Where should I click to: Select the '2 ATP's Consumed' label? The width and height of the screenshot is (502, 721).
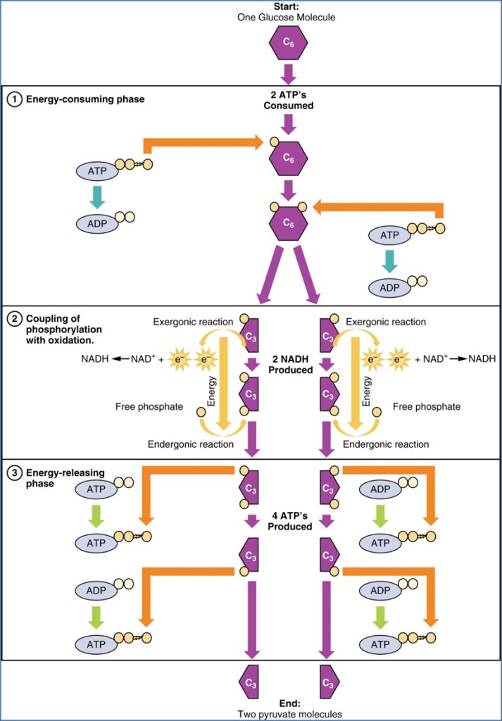tap(288, 101)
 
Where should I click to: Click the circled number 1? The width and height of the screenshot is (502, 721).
tap(14, 99)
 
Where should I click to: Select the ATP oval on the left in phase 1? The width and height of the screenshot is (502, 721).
tap(98, 171)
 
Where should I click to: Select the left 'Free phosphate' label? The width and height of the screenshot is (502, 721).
tap(149, 406)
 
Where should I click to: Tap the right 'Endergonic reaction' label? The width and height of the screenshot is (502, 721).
tap(386, 444)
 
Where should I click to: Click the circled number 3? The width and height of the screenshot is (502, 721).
tap(14, 470)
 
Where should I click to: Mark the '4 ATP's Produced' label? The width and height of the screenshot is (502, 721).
tap(288, 520)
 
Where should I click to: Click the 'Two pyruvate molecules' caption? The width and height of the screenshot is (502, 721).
tap(288, 714)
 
